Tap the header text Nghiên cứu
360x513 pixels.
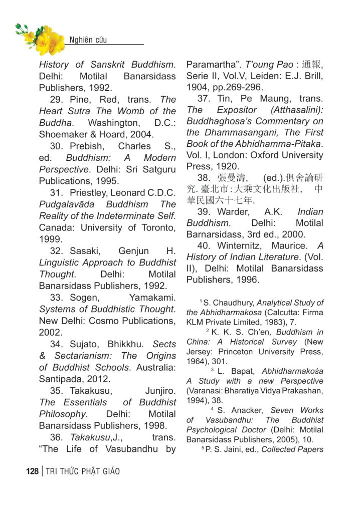coord(88,40)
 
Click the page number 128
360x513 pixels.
coord(32,471)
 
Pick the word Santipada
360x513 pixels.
coord(61,379)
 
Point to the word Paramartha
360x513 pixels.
coord(209,65)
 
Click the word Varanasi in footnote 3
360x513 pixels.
coord(204,390)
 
